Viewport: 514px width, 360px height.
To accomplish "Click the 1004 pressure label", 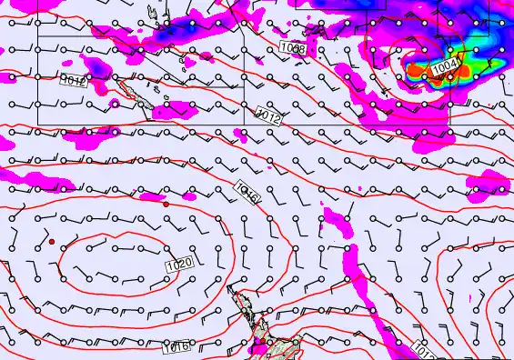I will coord(446,67).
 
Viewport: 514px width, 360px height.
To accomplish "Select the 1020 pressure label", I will coord(179,264).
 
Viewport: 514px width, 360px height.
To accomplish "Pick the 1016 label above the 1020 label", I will coord(247,191).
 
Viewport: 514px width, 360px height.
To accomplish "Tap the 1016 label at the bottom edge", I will coord(176,346).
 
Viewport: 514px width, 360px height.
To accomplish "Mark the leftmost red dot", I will coord(52,241).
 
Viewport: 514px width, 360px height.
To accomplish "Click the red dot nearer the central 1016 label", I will coord(166,205).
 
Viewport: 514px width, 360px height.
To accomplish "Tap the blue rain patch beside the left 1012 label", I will coord(95,65).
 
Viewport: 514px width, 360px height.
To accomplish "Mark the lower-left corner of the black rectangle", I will coord(37,123).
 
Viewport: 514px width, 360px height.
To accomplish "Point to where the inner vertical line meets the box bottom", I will coord(245,123).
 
